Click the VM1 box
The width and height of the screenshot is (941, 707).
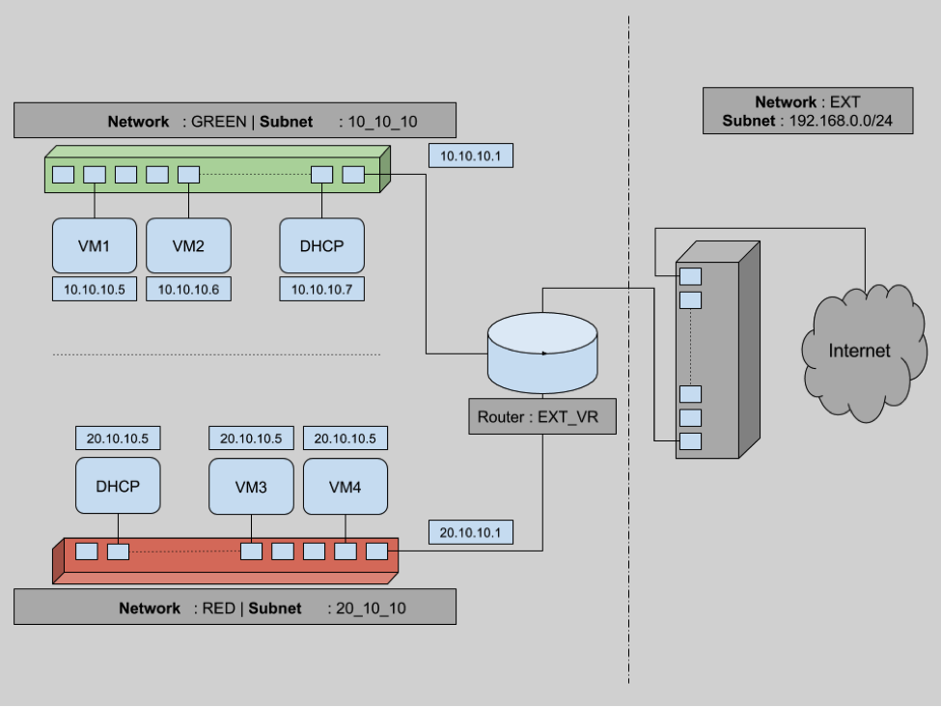coord(94,245)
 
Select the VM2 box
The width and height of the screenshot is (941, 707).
coord(188,245)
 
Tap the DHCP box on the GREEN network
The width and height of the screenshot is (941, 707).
coord(321,245)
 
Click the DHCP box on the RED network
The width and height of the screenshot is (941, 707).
coord(118,486)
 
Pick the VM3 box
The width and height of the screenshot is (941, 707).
coord(251,486)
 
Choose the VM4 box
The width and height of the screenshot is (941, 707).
coord(345,486)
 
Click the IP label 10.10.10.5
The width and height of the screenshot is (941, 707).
coord(94,289)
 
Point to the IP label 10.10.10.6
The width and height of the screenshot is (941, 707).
coord(188,289)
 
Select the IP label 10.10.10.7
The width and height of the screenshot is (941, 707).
coord(321,289)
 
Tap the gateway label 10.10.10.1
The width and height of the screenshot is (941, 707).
coord(469,156)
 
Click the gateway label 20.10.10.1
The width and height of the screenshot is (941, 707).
coord(470,532)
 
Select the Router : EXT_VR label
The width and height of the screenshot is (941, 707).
coord(541,418)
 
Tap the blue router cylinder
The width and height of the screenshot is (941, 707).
coord(542,353)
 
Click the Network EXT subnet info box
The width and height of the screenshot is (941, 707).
coord(807,111)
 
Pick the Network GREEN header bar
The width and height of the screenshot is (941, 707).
coord(235,122)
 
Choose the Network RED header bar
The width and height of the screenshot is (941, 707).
coord(235,608)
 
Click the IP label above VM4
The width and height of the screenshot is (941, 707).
coord(345,438)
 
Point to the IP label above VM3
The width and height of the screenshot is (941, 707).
coord(251,438)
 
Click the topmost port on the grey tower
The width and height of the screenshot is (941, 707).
coord(690,276)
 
